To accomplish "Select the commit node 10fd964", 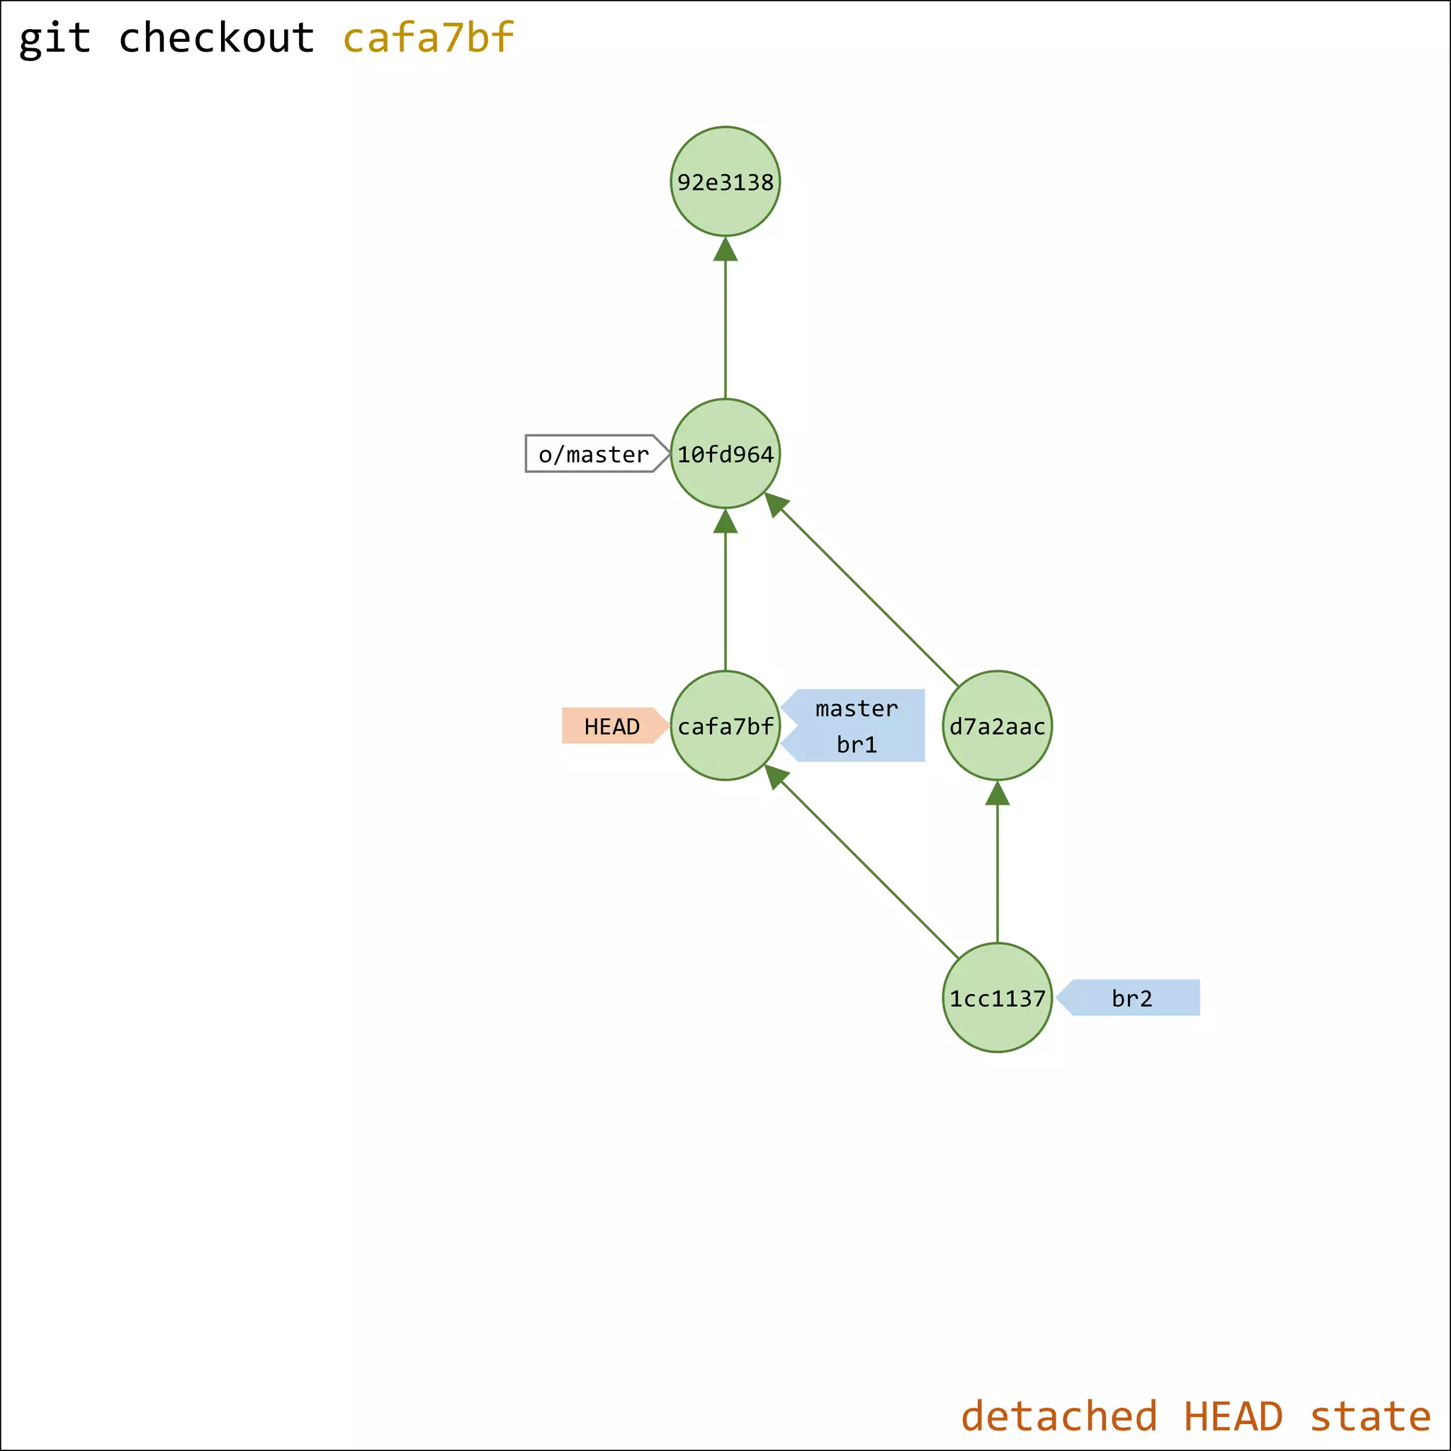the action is tap(725, 453).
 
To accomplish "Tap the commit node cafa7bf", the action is tap(725, 725).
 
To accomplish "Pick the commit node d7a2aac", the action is tap(997, 725).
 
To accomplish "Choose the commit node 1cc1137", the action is tap(997, 998).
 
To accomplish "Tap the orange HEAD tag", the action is tap(611, 725).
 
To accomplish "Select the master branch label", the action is tap(856, 708).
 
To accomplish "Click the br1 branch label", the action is tap(856, 745).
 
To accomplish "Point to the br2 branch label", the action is tap(1131, 998).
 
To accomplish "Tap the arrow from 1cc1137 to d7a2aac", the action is tap(997, 864).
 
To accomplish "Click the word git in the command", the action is tap(55, 38).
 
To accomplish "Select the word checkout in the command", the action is tap(216, 38).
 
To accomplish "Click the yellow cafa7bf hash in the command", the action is tap(428, 38).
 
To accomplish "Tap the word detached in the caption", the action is tap(1058, 1416).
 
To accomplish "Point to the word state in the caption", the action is tap(1370, 1416).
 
